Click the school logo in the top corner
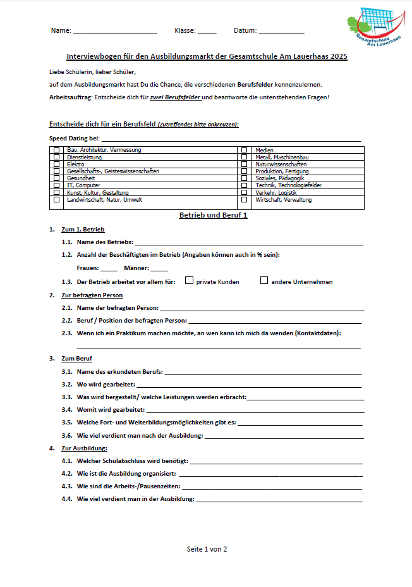(x=374, y=27)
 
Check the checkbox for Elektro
(x=57, y=164)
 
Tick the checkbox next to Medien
(x=244, y=151)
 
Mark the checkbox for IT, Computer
(x=57, y=185)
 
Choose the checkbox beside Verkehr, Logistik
(x=244, y=192)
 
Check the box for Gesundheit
(x=57, y=178)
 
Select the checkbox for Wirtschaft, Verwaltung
(x=244, y=200)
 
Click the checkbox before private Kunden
(x=189, y=281)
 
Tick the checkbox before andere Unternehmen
(x=264, y=281)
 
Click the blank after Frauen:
(x=109, y=269)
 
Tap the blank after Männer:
(x=159, y=269)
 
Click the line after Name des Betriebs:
(x=249, y=244)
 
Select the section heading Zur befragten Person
(x=92, y=295)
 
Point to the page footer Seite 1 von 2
(x=207, y=549)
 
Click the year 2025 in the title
(x=337, y=56)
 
